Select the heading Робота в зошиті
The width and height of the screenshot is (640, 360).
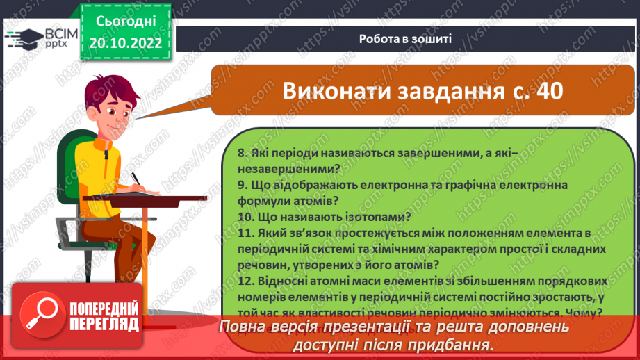(405, 39)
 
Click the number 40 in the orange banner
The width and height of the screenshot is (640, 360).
(543, 91)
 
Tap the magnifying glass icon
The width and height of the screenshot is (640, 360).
(40, 314)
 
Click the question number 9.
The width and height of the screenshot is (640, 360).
(240, 186)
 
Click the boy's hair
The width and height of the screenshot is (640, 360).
(104, 90)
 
